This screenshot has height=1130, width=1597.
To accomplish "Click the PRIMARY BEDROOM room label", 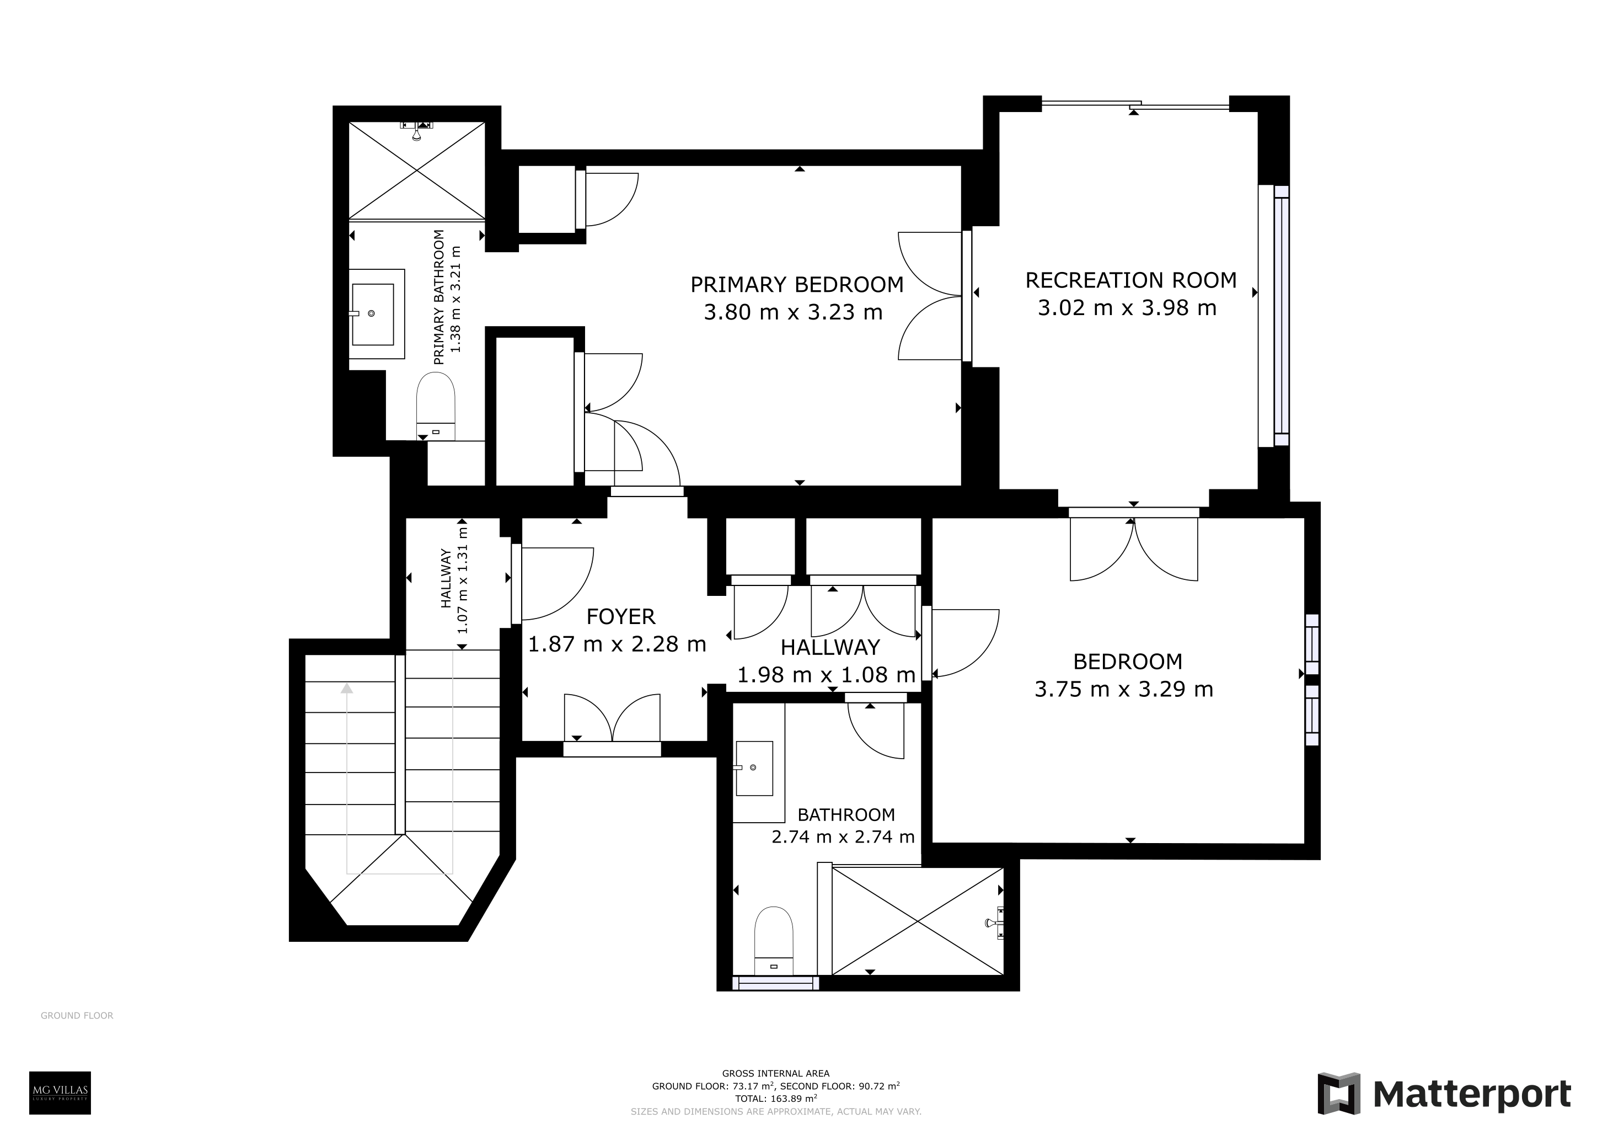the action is click(796, 285).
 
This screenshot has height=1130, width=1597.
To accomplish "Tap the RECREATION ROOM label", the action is click(1131, 280).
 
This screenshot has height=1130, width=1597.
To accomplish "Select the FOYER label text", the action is click(620, 616).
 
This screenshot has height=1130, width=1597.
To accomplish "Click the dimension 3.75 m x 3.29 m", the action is click(1123, 689).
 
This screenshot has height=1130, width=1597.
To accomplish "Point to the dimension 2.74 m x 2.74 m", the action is click(843, 836).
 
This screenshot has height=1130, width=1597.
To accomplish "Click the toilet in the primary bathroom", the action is click(436, 407).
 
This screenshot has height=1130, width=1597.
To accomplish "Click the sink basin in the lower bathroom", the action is click(754, 768).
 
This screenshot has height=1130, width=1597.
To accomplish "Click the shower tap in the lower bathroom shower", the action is click(995, 923).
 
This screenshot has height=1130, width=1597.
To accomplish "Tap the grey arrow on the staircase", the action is click(346, 777).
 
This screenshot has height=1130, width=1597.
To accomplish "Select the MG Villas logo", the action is click(60, 1093).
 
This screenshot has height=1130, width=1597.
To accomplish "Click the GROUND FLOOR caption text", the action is click(77, 1016).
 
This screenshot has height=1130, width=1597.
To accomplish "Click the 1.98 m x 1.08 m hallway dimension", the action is click(826, 674).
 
